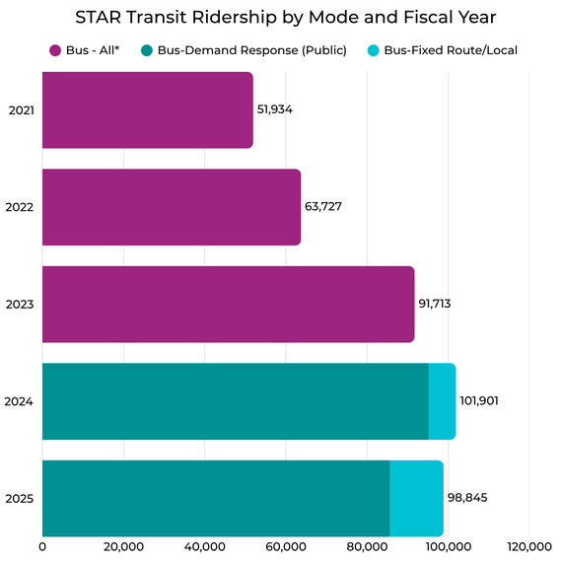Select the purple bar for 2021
point(148,109)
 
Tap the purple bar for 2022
point(172,207)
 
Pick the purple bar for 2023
point(228,304)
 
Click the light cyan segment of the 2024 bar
point(442,401)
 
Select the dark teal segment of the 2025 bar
point(216,498)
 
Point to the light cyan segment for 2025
point(416,498)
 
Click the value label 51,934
point(275,109)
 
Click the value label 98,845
point(468,498)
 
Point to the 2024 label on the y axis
point(20,401)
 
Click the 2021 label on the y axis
point(20,109)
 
